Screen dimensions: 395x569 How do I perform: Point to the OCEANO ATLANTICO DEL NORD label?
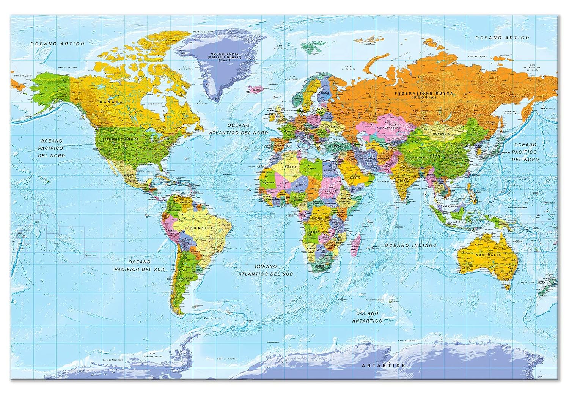239,129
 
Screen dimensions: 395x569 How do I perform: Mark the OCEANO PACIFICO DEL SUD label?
140,265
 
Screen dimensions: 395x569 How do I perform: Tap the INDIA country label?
406,181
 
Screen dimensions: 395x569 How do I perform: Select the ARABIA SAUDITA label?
357,178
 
